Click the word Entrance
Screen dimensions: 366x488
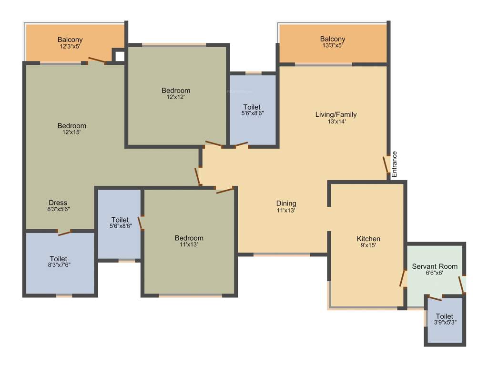click(x=394, y=164)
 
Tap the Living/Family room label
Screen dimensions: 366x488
click(x=335, y=114)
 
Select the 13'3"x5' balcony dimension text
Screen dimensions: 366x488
click(x=332, y=46)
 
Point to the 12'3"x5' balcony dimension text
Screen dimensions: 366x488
click(x=70, y=47)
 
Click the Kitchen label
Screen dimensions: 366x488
click(x=368, y=239)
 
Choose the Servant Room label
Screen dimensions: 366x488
click(x=435, y=266)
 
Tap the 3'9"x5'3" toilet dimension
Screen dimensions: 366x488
click(x=444, y=323)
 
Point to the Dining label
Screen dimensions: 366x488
click(x=286, y=203)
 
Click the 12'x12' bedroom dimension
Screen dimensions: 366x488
click(x=175, y=97)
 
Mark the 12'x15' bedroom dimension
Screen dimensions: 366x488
click(x=71, y=132)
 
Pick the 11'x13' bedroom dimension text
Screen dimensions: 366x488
click(x=188, y=244)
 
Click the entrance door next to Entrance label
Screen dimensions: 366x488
click(x=386, y=165)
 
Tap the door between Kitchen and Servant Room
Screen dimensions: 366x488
click(x=403, y=278)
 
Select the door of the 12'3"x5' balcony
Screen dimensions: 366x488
click(x=97, y=60)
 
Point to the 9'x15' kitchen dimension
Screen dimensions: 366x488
click(x=368, y=245)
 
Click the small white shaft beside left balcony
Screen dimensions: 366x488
click(x=119, y=55)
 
